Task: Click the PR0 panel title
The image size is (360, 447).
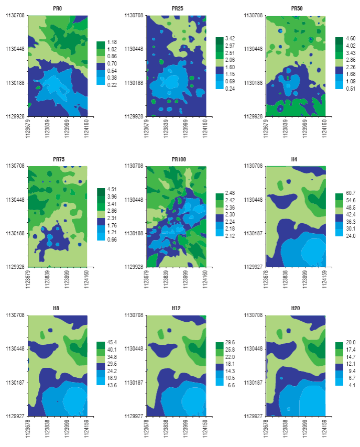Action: [x=58, y=9]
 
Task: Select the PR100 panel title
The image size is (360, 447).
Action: [x=176, y=159]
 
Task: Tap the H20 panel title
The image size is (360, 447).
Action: [x=296, y=309]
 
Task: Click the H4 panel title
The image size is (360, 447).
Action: [x=296, y=159]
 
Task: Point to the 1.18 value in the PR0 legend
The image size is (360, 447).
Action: [x=112, y=42]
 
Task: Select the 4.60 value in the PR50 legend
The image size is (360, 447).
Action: [x=351, y=39]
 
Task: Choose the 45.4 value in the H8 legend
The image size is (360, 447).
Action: [x=112, y=343]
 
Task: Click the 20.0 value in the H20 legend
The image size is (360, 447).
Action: [x=351, y=343]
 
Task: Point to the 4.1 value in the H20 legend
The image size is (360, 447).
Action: [x=351, y=385]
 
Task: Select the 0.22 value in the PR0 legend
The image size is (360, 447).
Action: [x=112, y=85]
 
